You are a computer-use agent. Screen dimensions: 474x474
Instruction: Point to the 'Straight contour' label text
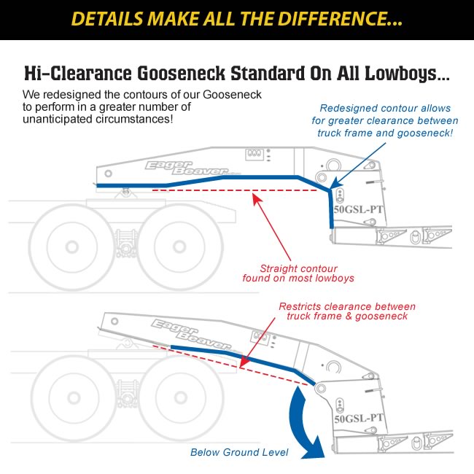[298, 267]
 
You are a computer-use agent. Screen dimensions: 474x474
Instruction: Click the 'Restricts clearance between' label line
[347, 306]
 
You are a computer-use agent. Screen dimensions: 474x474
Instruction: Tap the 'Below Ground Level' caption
[239, 452]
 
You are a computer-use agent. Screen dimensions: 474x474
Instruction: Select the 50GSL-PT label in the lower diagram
[357, 417]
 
